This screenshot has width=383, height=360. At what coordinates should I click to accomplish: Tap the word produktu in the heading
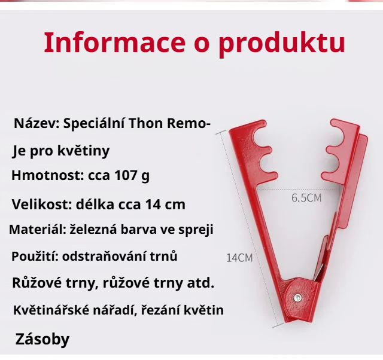pyautogui.click(x=281, y=43)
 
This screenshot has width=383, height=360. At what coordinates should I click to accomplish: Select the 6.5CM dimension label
pyautogui.click(x=306, y=198)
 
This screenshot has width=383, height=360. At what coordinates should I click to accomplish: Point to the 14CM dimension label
pyautogui.click(x=239, y=258)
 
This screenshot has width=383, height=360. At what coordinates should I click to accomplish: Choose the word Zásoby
pyautogui.click(x=42, y=340)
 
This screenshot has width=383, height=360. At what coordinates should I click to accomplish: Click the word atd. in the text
pyautogui.click(x=202, y=282)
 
